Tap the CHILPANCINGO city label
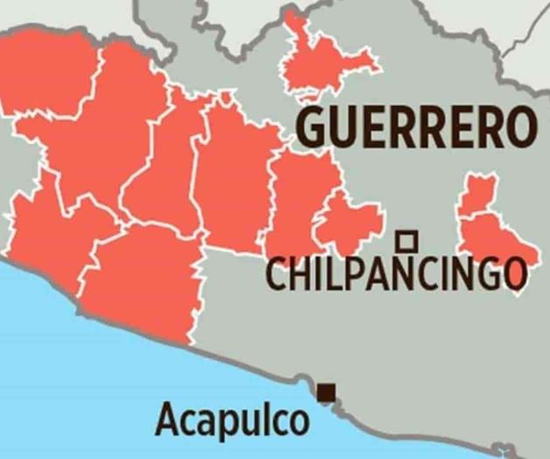point(396,275)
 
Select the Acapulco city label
point(232,420)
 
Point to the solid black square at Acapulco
point(327,392)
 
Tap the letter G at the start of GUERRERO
point(312,128)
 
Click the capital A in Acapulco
point(168,420)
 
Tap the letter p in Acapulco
point(231,424)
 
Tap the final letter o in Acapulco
point(298,423)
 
